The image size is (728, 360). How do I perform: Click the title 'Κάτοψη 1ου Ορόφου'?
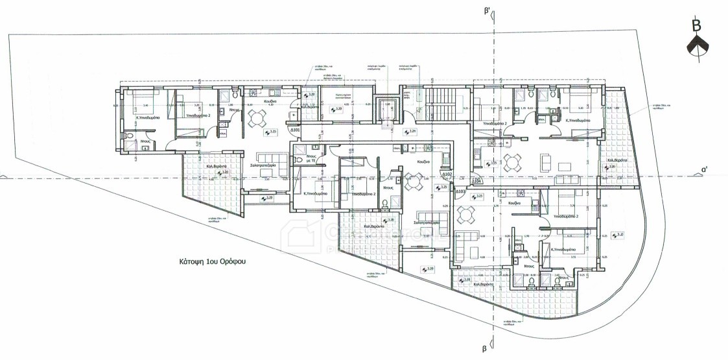(x=217, y=263)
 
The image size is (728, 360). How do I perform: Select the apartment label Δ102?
(x=446, y=174)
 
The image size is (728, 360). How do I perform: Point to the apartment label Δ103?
(x=460, y=192)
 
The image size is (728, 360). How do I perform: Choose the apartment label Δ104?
(x=477, y=182)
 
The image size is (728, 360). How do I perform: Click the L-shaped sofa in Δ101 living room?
(x=269, y=161)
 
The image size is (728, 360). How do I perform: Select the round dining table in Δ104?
(x=513, y=162)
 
